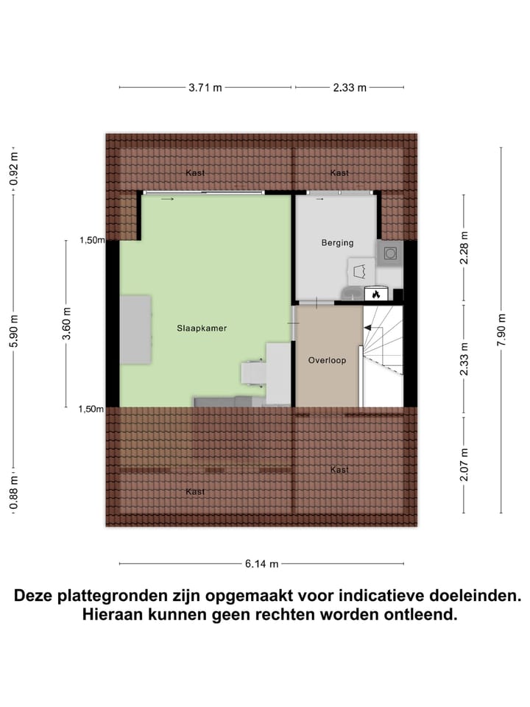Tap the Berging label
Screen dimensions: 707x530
click(x=337, y=242)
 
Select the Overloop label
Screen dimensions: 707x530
click(x=327, y=360)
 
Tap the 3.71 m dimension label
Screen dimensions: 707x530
click(x=205, y=88)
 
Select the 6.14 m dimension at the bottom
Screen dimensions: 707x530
click(x=262, y=564)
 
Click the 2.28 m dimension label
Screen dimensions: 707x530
click(x=463, y=248)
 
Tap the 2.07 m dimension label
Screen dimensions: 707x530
click(x=463, y=464)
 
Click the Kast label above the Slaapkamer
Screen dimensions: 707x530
click(x=195, y=173)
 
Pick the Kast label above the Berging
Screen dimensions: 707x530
click(x=339, y=173)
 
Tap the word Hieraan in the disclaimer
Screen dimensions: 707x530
click(x=115, y=614)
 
